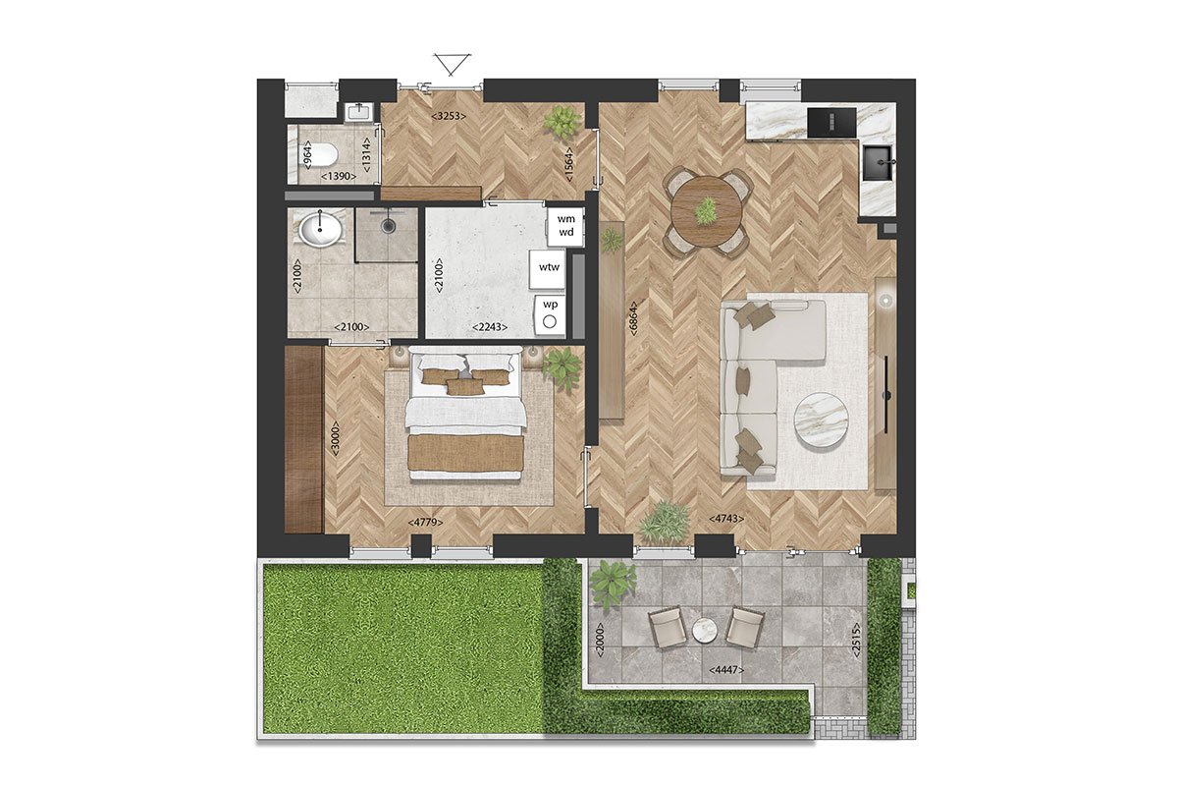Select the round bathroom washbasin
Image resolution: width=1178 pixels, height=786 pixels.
click(x=321, y=231)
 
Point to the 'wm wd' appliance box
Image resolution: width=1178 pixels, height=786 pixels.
click(x=566, y=225)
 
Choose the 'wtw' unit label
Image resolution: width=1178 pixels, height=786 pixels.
click(x=548, y=266)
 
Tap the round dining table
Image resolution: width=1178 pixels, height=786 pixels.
click(x=707, y=209)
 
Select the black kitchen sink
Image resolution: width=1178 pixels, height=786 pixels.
click(x=877, y=161)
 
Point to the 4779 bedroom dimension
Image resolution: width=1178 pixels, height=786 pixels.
click(x=425, y=524)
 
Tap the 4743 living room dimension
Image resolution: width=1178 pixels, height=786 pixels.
click(x=727, y=518)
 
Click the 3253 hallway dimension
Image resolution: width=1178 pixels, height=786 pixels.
click(x=448, y=116)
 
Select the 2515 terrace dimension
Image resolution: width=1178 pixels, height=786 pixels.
click(x=855, y=639)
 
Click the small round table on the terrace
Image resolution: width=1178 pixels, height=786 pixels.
click(x=706, y=630)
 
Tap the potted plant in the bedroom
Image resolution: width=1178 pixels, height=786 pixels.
click(x=562, y=367)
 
